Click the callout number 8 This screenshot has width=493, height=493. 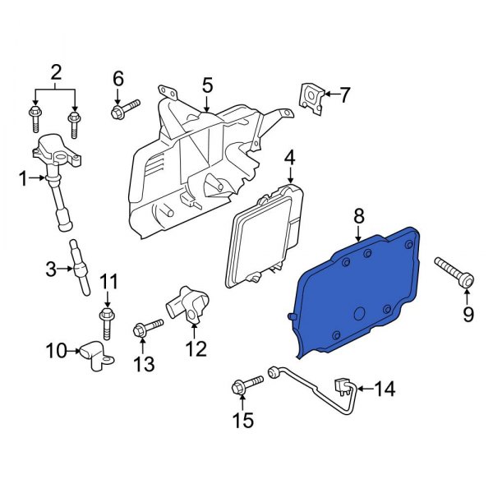358,217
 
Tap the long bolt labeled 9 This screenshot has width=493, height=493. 451,272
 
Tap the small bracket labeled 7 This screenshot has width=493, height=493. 311,96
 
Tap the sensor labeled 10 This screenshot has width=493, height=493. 94,355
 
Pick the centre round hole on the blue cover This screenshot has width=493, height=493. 360,314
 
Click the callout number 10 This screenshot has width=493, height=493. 55,352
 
